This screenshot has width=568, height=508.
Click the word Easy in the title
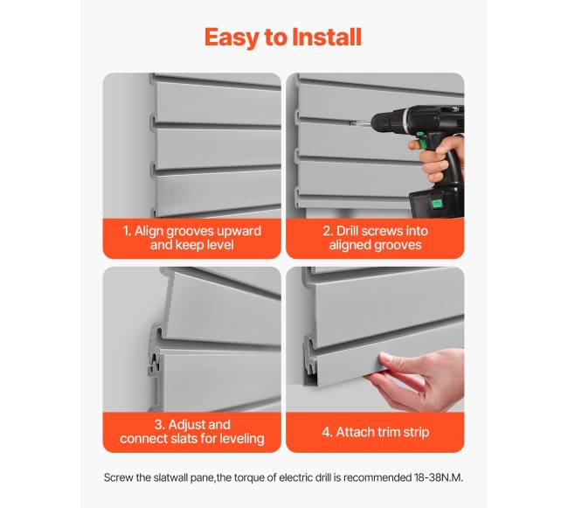click(232, 38)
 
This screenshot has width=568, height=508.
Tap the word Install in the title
click(327, 37)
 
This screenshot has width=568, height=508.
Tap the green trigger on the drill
click(420, 141)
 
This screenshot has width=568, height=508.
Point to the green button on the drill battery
click(437, 204)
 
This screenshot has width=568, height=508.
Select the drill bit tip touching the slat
click(351, 123)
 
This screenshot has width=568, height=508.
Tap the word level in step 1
click(220, 245)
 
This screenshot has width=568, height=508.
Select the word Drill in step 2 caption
click(348, 231)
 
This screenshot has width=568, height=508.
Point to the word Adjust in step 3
click(199, 424)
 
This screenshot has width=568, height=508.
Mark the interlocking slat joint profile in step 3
click(155, 350)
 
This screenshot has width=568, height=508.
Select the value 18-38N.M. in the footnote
click(439, 477)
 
